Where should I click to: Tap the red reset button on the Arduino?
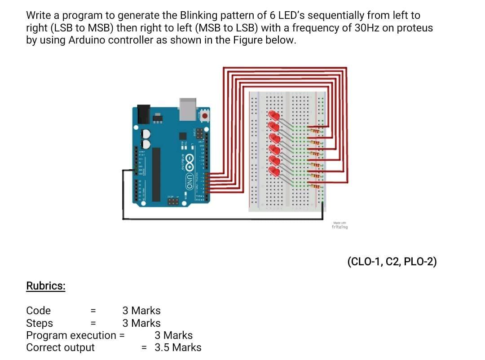point(205,116)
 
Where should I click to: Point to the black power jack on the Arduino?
point(143,114)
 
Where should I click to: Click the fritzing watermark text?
point(339,227)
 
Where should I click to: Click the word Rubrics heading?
point(46,286)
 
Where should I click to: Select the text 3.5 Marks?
point(178,347)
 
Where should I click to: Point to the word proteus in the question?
point(414,28)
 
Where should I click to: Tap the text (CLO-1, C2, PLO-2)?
point(392,262)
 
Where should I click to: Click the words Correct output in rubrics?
point(61,347)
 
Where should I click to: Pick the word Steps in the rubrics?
point(40,323)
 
